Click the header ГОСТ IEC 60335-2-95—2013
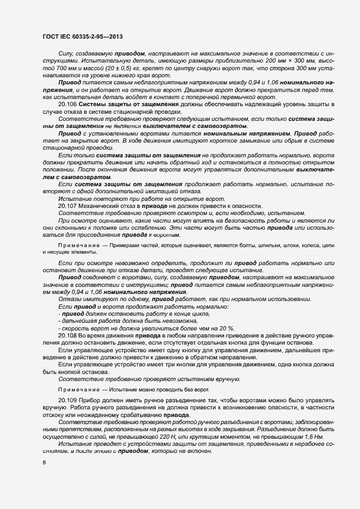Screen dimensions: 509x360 82,37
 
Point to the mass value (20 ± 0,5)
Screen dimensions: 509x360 109,69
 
